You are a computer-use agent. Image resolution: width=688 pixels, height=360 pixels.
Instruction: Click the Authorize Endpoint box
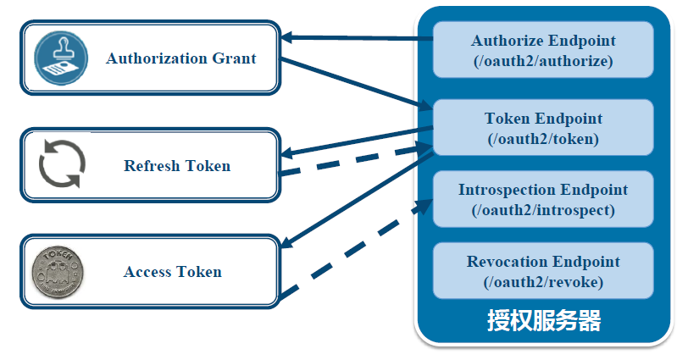(543, 50)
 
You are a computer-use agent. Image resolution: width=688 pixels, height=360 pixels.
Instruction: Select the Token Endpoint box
(543, 128)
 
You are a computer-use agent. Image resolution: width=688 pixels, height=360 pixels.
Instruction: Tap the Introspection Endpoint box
(543, 199)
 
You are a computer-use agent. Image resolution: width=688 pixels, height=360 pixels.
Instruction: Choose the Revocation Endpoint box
(543, 271)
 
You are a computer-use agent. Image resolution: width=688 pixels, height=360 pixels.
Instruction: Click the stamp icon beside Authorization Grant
(61, 58)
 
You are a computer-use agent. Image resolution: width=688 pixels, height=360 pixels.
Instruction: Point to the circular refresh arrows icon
(60, 164)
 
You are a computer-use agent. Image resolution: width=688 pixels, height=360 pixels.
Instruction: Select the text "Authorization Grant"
(180, 58)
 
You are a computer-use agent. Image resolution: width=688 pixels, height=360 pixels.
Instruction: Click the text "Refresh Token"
(176, 165)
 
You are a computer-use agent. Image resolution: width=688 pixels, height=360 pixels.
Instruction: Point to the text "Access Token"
(172, 272)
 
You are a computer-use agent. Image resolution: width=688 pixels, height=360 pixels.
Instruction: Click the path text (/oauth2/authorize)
(543, 61)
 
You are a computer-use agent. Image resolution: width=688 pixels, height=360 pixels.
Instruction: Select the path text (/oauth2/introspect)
(543, 210)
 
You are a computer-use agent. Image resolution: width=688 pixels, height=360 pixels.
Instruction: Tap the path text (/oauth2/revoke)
(543, 282)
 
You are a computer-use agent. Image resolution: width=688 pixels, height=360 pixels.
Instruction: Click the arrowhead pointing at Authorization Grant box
(288, 36)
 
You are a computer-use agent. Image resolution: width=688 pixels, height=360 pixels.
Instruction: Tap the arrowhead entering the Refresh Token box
(288, 153)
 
